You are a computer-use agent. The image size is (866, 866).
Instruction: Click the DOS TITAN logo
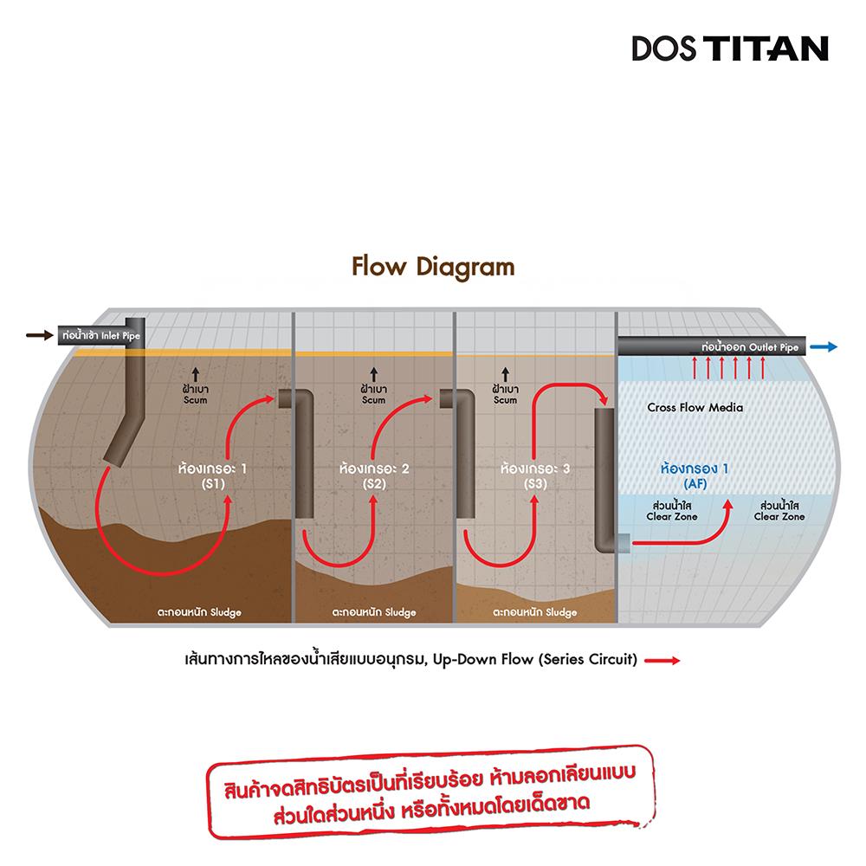(x=730, y=48)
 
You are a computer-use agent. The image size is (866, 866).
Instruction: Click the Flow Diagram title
(x=433, y=266)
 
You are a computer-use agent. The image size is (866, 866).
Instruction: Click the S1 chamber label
(x=210, y=476)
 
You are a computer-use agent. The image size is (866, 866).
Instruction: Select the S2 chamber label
(x=374, y=476)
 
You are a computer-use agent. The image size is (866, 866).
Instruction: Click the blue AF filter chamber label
(x=695, y=475)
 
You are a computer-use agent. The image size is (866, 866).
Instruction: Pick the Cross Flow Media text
(x=695, y=407)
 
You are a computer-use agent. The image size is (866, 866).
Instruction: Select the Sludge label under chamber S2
(x=374, y=612)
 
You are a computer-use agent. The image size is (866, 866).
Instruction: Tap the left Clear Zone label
(x=672, y=510)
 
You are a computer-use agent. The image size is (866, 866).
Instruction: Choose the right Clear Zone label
(x=779, y=510)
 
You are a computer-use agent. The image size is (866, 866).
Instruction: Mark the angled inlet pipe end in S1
(x=114, y=453)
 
